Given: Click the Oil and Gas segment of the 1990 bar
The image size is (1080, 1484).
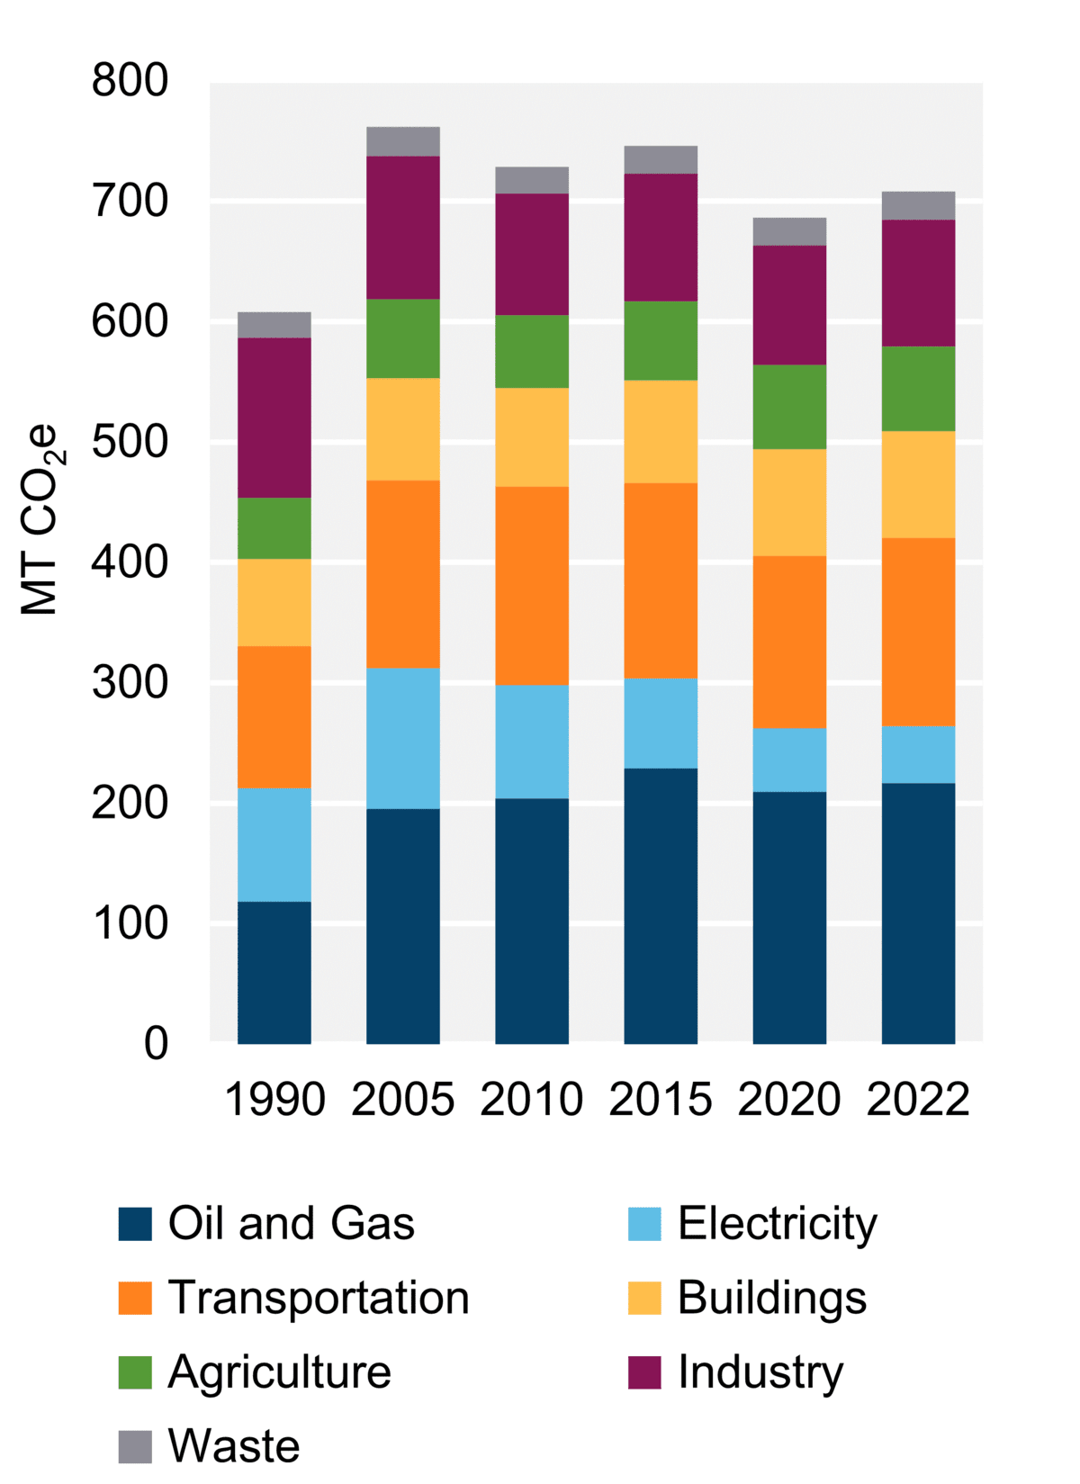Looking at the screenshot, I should [x=274, y=972].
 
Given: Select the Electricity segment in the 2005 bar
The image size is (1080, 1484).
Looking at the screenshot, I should [x=403, y=738].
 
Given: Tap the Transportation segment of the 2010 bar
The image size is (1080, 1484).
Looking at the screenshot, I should [x=532, y=585].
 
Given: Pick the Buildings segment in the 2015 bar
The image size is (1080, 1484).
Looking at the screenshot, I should [x=661, y=432].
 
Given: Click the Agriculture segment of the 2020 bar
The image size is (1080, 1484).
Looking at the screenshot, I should [x=789, y=407].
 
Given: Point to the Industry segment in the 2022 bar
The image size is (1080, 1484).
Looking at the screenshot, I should [x=918, y=283].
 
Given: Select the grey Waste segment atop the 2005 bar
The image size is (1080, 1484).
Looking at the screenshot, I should [x=403, y=141].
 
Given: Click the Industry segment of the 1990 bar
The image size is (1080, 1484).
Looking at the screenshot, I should [x=274, y=418].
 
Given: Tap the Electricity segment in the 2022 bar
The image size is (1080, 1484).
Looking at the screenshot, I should [x=918, y=754].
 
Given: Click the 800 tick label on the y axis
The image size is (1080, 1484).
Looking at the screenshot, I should [x=130, y=81].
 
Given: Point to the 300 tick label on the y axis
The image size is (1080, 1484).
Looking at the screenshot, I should [x=130, y=683].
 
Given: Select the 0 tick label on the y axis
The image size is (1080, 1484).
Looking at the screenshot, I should [x=156, y=1044].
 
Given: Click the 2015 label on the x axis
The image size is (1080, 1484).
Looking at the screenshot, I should [x=661, y=1100].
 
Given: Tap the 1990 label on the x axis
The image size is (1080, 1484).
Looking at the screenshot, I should [x=274, y=1100].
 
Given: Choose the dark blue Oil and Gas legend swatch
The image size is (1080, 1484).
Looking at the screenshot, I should [x=135, y=1224].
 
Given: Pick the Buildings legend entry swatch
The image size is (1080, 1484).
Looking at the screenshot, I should [x=644, y=1298].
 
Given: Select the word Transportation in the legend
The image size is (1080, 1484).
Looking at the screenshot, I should [x=319, y=1298].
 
